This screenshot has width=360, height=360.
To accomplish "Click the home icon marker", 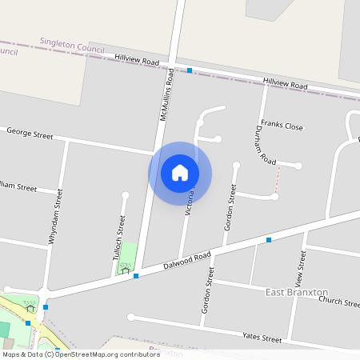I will coord(180,173).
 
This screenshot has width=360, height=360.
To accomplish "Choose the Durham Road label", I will coord(265,145).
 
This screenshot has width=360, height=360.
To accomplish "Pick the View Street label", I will coord(301,270).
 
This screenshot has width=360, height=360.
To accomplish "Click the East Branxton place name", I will coord(297,292).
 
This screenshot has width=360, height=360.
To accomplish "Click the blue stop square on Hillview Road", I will coord(189,70).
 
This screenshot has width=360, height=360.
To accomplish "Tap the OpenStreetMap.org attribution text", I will coord(82,354).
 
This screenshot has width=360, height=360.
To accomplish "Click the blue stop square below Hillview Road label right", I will coord(269,239).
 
